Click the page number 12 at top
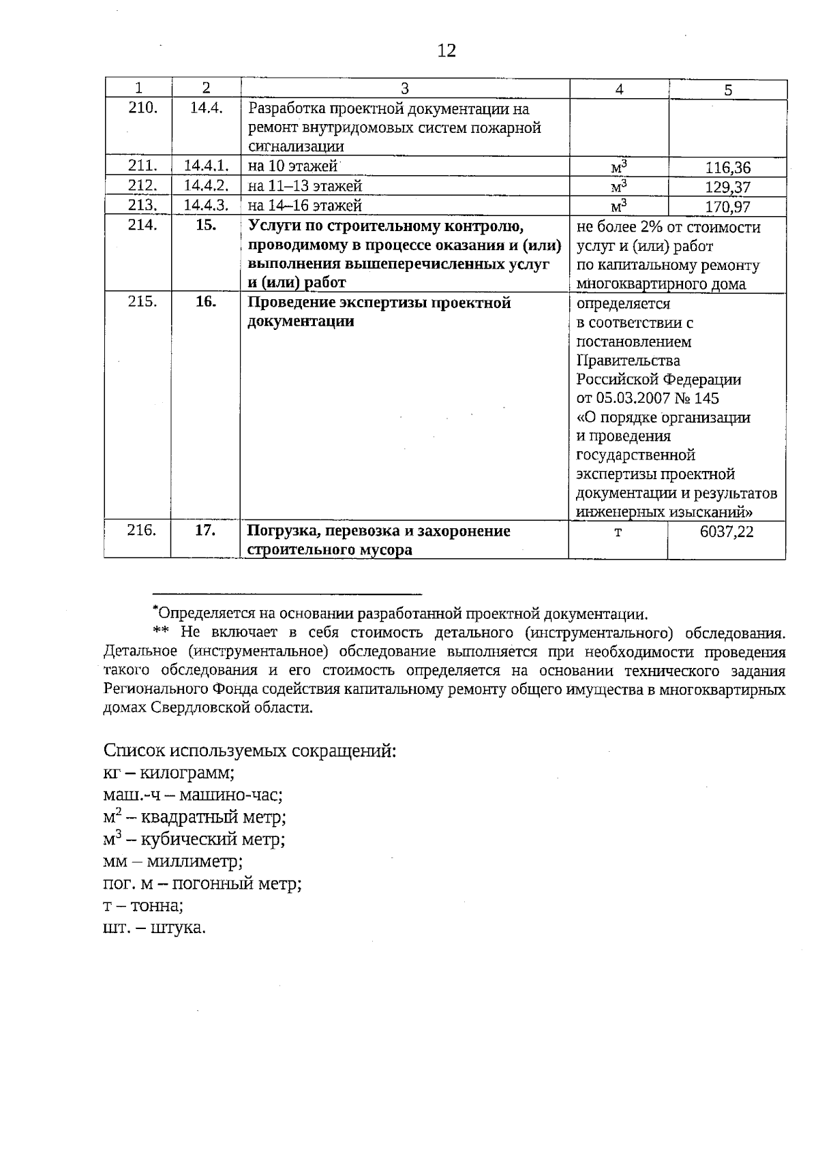[446, 50]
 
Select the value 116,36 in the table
[727, 168]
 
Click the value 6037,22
[727, 532]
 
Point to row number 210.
[143, 108]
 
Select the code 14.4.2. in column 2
[206, 185]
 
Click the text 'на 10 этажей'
[293, 166]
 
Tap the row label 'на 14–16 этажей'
[305, 206]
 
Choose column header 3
[404, 88]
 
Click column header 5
[728, 89]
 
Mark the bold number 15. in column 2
[206, 226]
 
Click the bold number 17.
[205, 530]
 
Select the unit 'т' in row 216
[618, 532]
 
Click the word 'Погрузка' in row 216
[280, 531]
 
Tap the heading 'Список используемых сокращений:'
[249, 750]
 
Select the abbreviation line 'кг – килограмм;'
[169, 773]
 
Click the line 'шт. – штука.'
[155, 928]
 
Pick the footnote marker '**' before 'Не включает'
[160, 633]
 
